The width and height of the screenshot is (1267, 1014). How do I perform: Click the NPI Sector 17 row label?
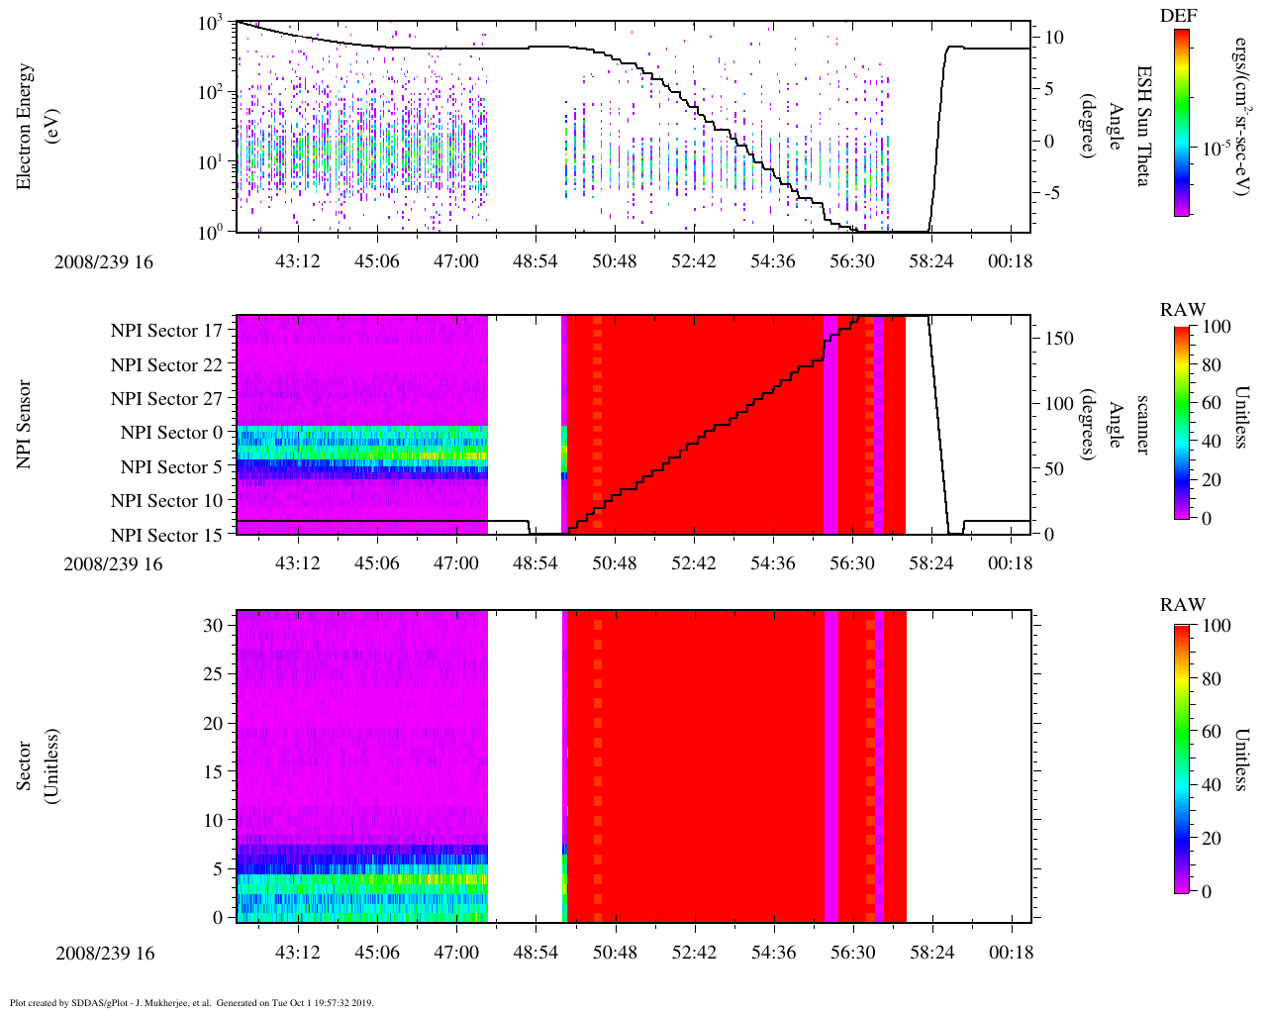(x=167, y=331)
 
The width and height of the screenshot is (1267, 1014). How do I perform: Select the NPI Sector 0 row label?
(x=172, y=433)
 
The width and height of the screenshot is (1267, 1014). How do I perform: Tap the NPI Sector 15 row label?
(x=167, y=536)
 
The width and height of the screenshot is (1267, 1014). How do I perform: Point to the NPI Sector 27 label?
(x=167, y=399)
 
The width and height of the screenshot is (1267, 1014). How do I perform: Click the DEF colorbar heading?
(x=1179, y=15)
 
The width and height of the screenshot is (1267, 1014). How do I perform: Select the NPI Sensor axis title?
(x=25, y=424)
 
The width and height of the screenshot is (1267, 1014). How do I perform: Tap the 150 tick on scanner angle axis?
(x=1060, y=339)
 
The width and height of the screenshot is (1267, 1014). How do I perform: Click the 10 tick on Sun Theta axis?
(x=1055, y=38)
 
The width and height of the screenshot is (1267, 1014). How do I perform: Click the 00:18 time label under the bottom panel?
(x=1011, y=953)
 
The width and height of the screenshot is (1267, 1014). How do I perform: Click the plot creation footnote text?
(x=191, y=1002)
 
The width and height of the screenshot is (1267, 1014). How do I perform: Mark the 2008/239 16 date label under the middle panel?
(x=113, y=564)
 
